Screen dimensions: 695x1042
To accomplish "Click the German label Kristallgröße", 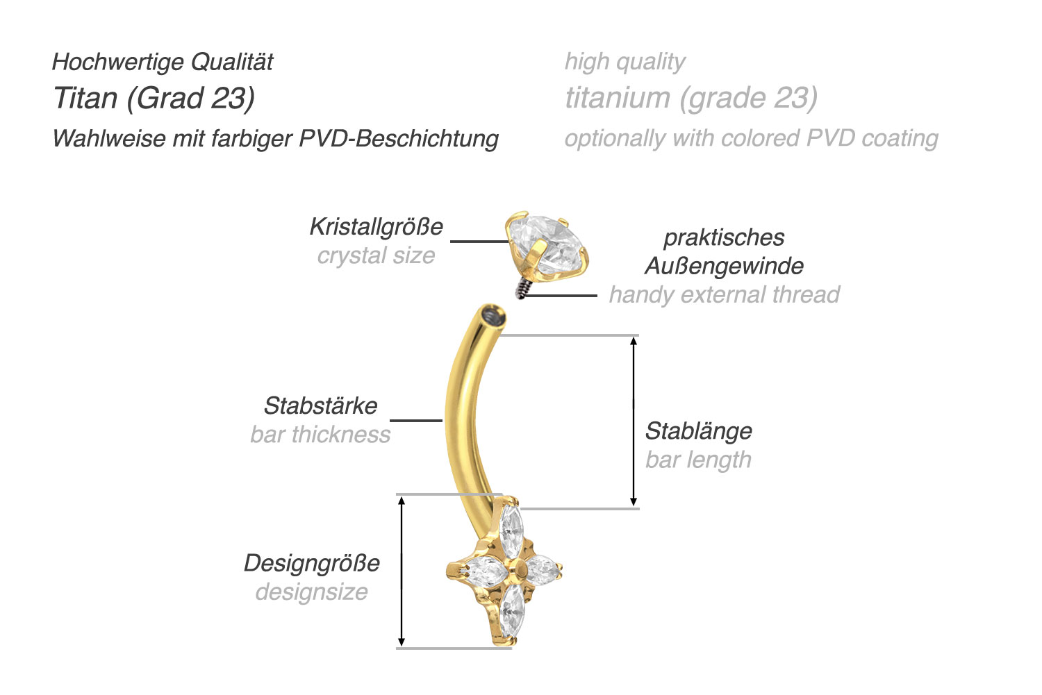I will point(376,226).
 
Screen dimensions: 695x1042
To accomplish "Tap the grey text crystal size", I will point(376,256).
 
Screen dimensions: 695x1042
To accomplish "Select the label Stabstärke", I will point(320,405).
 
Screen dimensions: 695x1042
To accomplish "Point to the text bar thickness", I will point(320,435).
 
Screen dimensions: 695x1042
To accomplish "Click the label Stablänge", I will point(698,430).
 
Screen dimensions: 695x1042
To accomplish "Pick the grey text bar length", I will point(698,460).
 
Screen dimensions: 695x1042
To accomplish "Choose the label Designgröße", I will point(312,562).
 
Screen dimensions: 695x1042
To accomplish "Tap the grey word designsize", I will point(312,592).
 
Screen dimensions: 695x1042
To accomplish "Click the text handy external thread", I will point(724,294).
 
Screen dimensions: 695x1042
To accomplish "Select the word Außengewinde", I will point(724,265).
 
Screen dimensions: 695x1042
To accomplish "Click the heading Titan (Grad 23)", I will point(154,98).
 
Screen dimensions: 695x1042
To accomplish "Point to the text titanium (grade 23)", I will point(690,98).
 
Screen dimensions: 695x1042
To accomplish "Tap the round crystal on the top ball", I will point(547,243).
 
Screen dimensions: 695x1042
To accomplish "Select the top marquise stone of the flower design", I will point(512,533).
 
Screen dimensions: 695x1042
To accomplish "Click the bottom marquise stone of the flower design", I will point(512,611).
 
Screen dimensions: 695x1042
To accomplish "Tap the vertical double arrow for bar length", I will point(633,421).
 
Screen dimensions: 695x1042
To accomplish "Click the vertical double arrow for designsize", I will point(401,571).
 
